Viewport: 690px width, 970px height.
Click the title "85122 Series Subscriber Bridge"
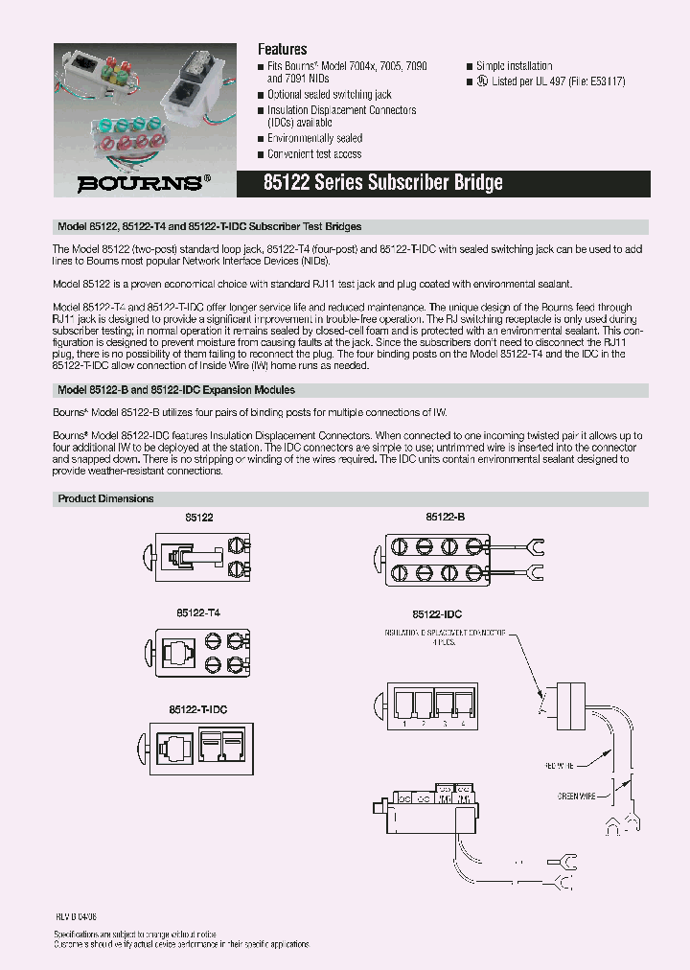pyautogui.click(x=382, y=183)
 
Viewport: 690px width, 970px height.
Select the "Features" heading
pyautogui.click(x=283, y=49)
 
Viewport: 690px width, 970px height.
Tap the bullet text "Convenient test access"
pyautogui.click(x=314, y=153)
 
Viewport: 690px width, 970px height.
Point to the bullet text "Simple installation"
pyautogui.click(x=514, y=66)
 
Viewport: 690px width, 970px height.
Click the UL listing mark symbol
pyautogui.click(x=471, y=81)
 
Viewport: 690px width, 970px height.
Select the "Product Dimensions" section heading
pyautogui.click(x=105, y=498)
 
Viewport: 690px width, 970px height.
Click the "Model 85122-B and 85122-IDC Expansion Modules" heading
pyautogui.click(x=176, y=390)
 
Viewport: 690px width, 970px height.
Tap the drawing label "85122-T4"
pyautogui.click(x=198, y=611)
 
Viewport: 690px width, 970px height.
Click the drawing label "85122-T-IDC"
pyautogui.click(x=198, y=708)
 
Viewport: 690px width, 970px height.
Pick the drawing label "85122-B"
pyautogui.click(x=446, y=517)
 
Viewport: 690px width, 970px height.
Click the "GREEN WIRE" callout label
pyautogui.click(x=577, y=796)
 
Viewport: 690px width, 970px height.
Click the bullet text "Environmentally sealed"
pyautogui.click(x=314, y=139)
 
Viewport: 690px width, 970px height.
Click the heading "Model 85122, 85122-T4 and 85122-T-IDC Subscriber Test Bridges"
pyautogui.click(x=209, y=227)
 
